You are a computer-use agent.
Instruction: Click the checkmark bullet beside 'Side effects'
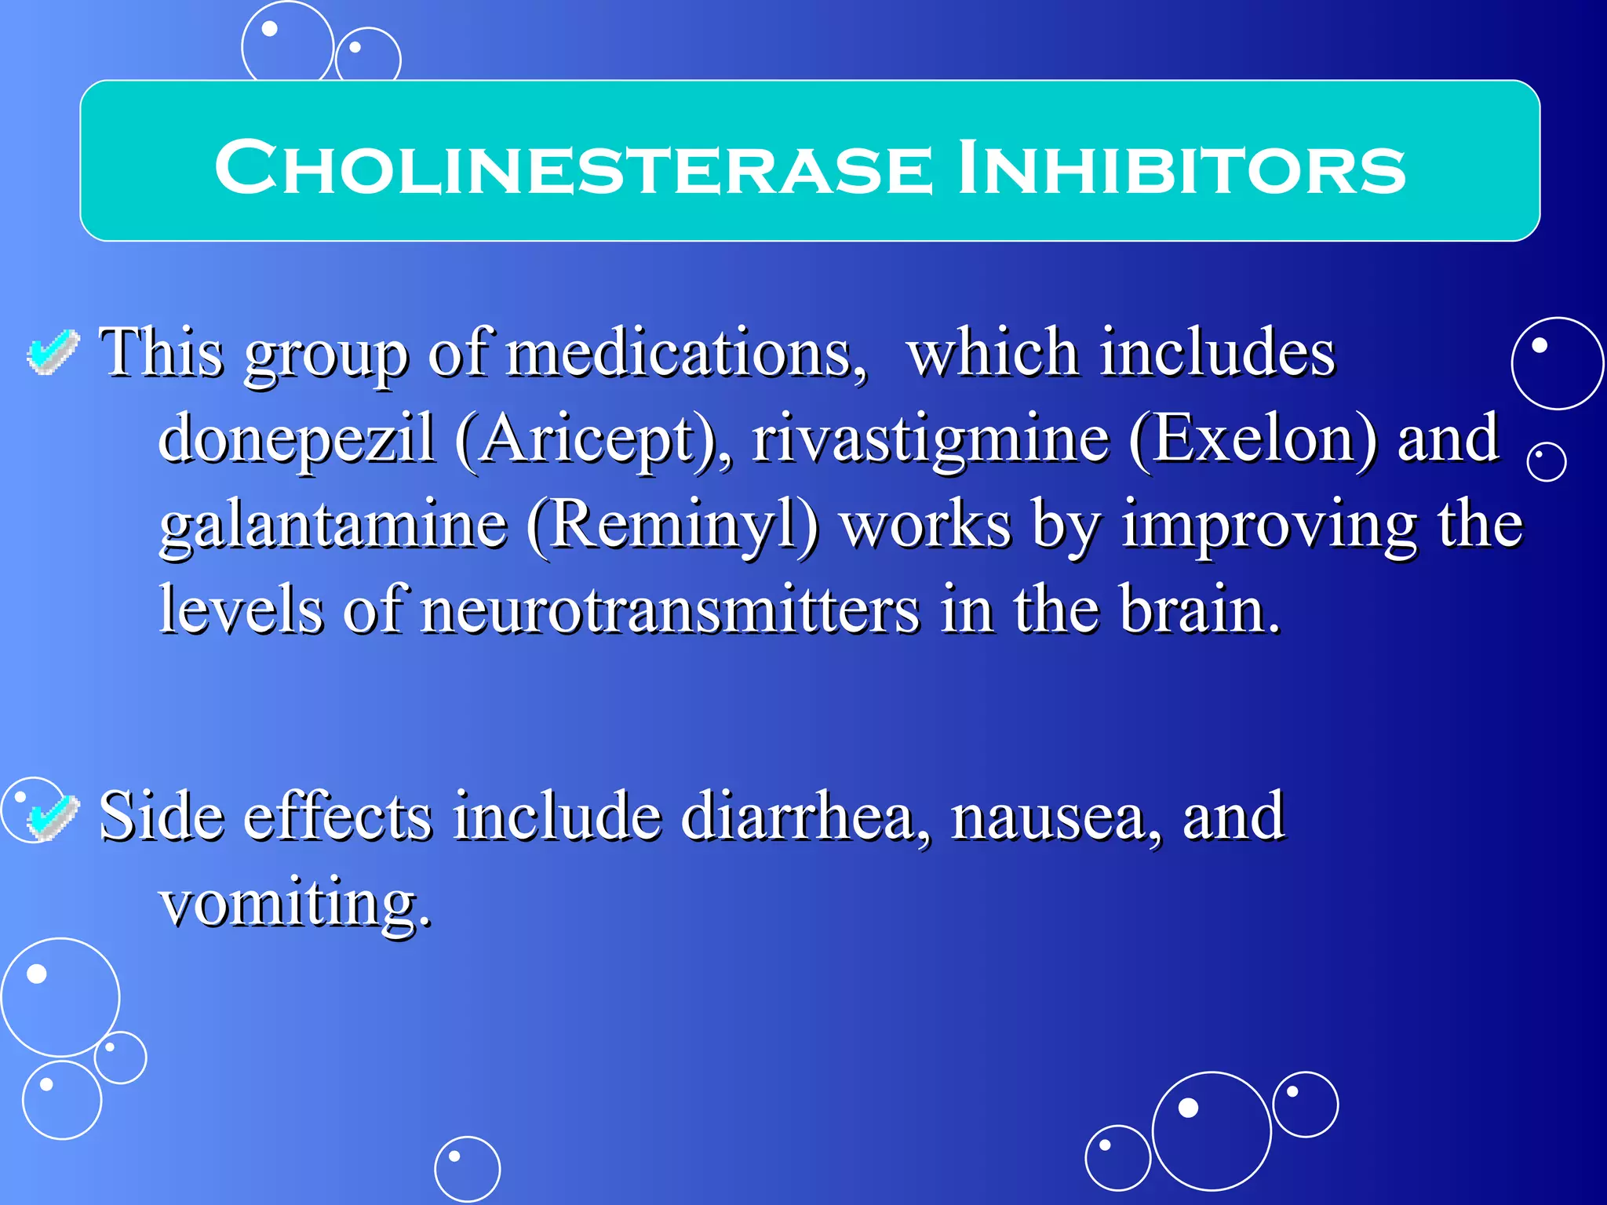coord(53,817)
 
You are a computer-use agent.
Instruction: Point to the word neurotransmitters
coord(669,610)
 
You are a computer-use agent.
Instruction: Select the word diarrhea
coord(803,817)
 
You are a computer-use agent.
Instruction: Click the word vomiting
coord(294,902)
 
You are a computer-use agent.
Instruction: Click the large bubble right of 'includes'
coord(1557,363)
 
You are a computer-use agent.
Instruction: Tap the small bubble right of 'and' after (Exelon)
coord(1547,461)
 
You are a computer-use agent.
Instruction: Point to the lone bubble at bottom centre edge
coord(467,1169)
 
